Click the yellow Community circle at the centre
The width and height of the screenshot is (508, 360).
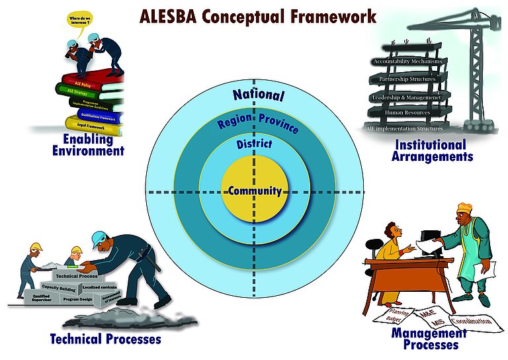255,192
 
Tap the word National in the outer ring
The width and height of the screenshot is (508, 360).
258,95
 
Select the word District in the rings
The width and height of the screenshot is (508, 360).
254,144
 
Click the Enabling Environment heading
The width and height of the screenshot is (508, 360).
88,145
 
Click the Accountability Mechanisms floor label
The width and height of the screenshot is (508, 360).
406,62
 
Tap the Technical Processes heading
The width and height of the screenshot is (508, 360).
105,339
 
